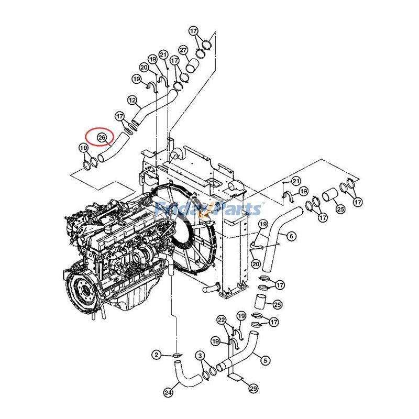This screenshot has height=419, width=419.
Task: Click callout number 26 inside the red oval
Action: pos(102,138)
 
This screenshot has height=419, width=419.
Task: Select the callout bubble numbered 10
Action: pos(83,148)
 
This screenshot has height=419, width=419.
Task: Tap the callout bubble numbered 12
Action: pos(132,100)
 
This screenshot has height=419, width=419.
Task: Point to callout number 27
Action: pos(183,50)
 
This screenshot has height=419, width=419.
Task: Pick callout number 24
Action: pos(168,391)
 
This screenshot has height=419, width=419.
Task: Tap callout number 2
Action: pos(156,355)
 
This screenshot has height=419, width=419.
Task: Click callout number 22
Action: pos(222,320)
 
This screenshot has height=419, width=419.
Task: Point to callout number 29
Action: pos(253,389)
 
